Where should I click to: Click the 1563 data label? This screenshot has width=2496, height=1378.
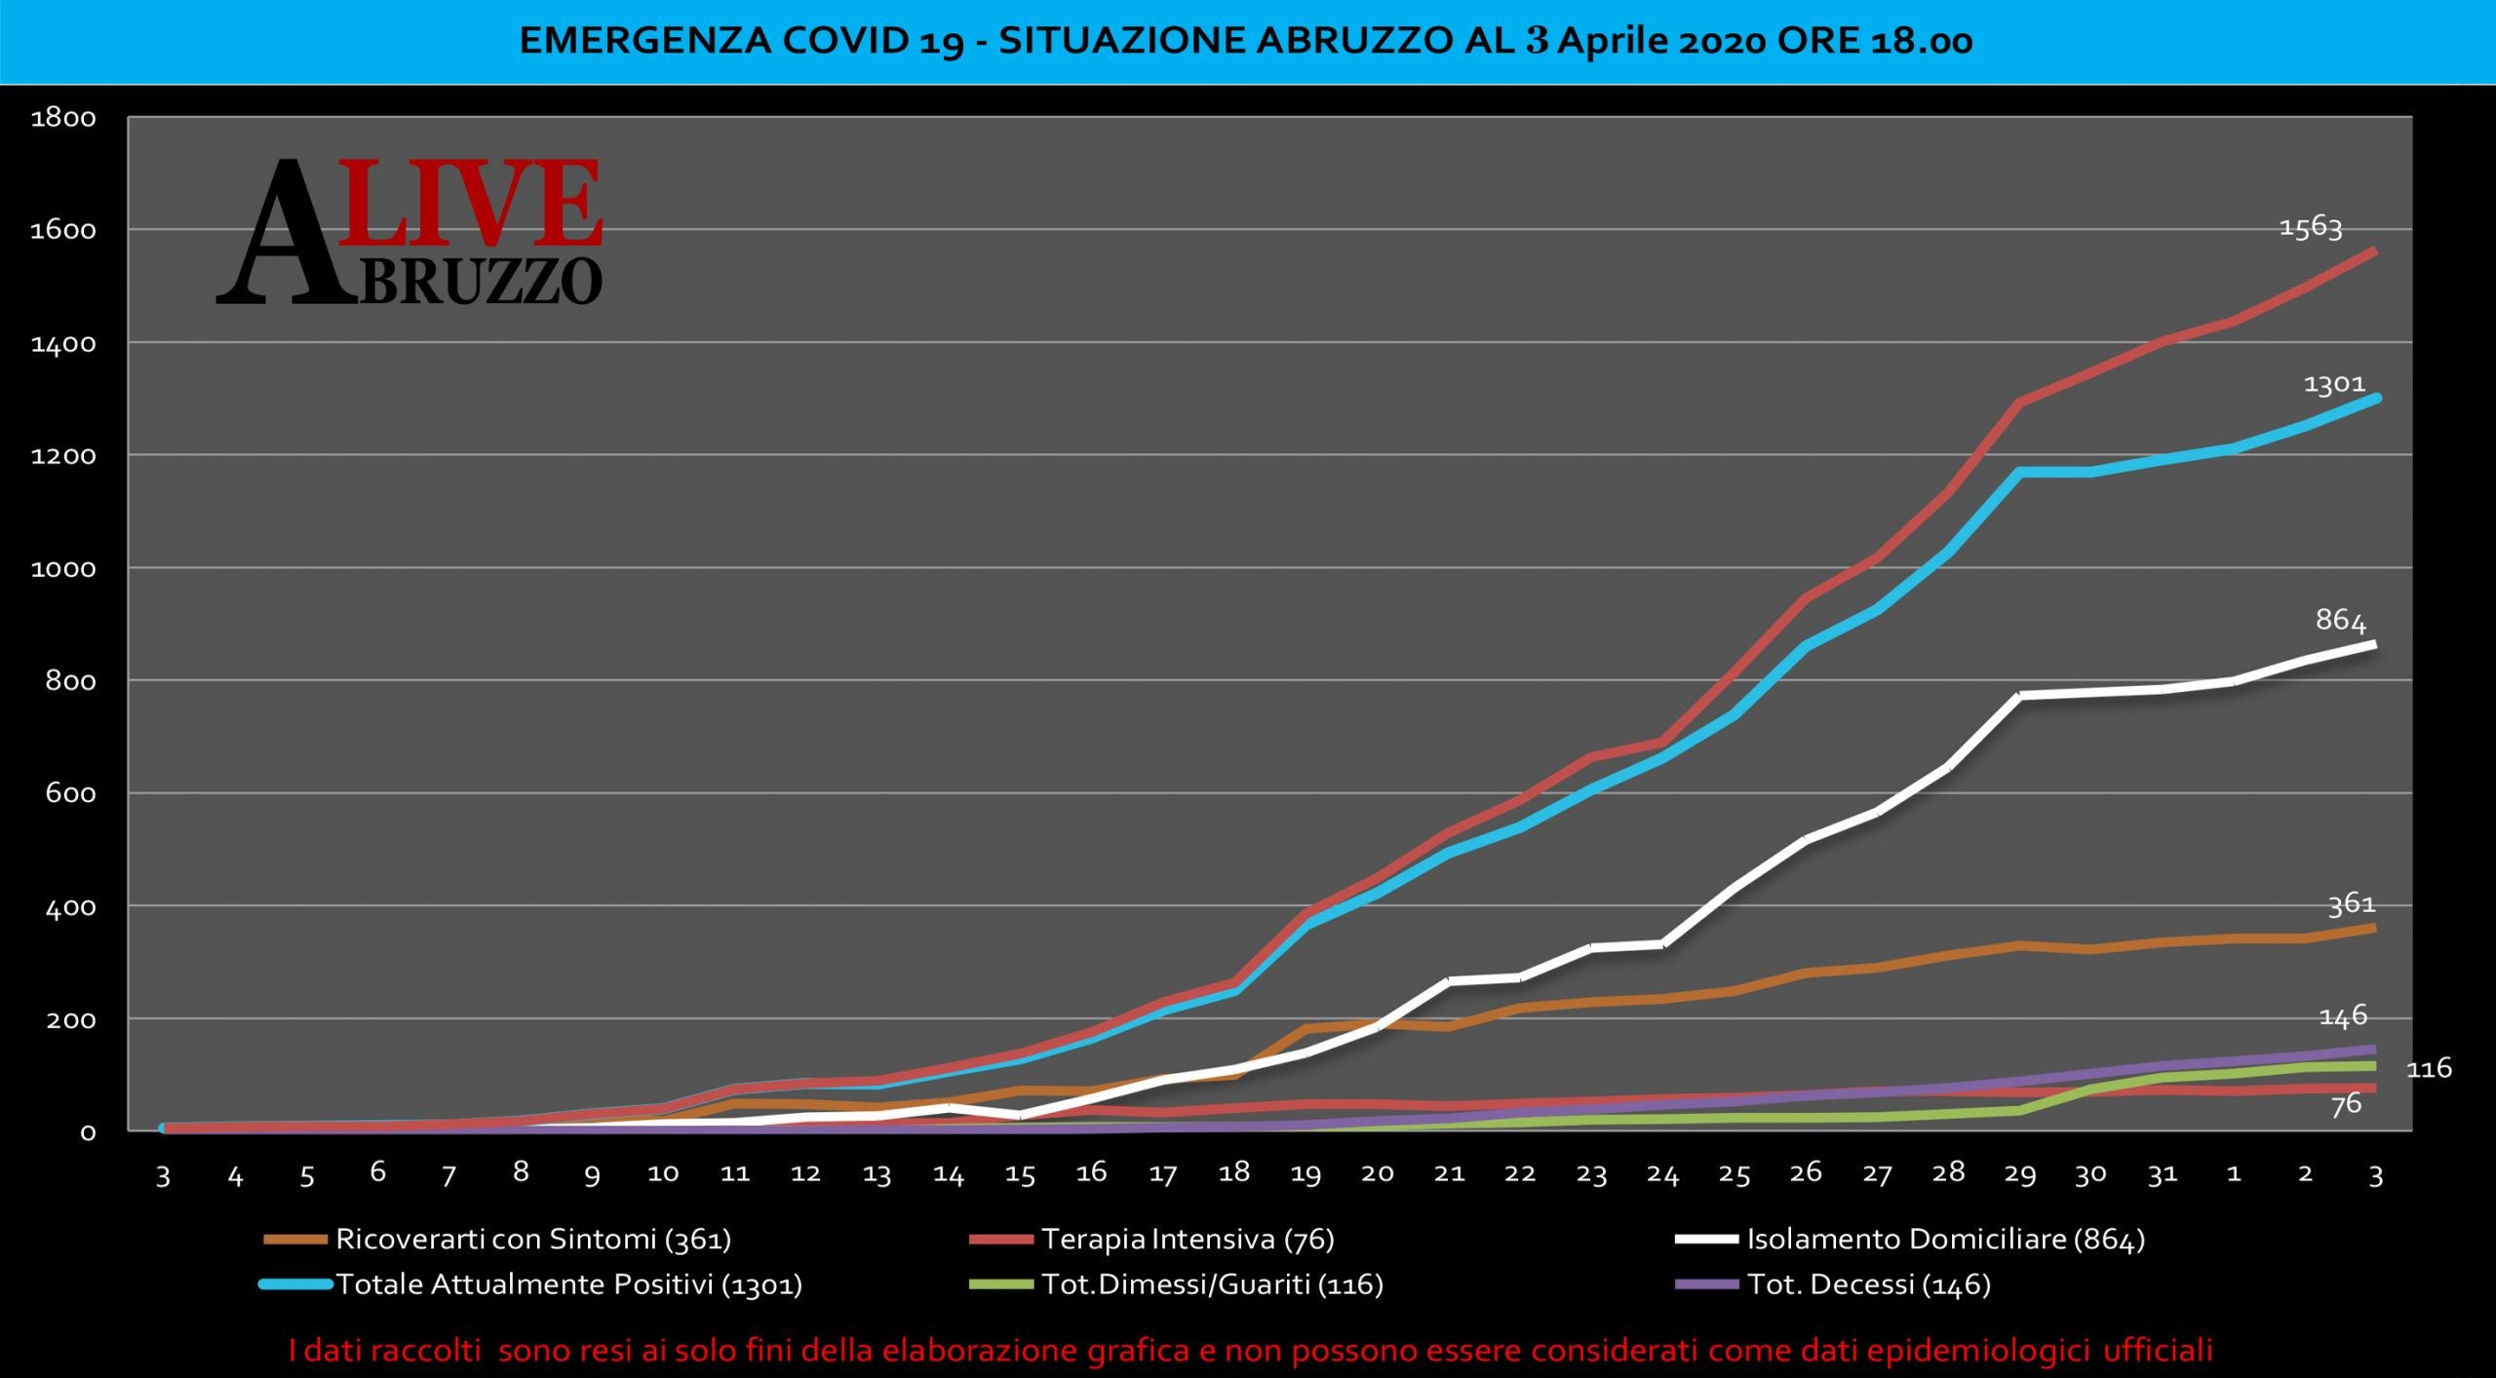point(2310,227)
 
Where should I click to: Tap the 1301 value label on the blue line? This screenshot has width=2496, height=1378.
point(2334,385)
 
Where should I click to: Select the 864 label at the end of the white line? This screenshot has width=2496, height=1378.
point(2340,620)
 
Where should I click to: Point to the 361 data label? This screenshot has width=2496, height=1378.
point(2351,904)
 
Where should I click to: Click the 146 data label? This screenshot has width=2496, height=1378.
point(2342,1016)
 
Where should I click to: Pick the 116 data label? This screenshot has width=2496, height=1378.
point(2429,1069)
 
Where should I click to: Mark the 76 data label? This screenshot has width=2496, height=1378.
point(2346,1104)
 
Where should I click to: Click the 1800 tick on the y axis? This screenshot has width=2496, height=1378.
point(63,119)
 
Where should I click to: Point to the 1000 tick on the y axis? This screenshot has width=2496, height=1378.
point(63,569)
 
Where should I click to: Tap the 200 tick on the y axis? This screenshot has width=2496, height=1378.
point(71,1020)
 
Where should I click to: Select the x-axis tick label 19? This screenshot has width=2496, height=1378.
point(1306,1174)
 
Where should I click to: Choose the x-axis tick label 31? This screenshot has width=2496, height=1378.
point(2162,1174)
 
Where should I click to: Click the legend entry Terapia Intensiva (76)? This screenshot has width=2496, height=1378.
point(1187,1240)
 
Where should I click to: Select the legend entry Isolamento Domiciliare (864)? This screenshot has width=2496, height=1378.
point(1945,1240)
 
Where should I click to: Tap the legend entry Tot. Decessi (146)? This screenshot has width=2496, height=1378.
point(1868,1284)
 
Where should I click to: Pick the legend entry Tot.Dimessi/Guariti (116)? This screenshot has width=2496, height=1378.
point(1212,1284)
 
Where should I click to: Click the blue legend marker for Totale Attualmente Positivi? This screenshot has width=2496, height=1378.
point(295,1284)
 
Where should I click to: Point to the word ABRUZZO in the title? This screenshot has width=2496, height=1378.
point(1356,41)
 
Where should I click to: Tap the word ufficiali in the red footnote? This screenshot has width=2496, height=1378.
point(2157,1351)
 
